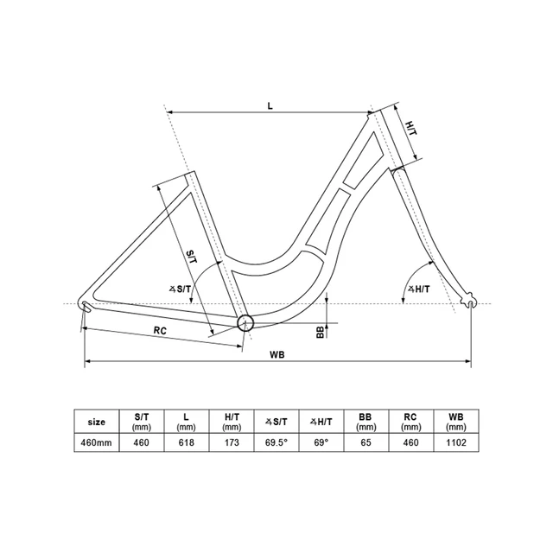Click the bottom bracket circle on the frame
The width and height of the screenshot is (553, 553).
[x=245, y=322]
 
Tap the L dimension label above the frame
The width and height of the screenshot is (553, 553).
[x=270, y=105]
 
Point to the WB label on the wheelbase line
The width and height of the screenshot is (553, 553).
[x=277, y=355]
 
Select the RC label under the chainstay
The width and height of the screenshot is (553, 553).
[x=160, y=331]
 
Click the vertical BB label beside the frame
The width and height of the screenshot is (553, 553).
[x=320, y=332]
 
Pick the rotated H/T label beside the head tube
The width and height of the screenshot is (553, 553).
[x=411, y=128]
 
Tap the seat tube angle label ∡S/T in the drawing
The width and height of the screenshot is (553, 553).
[x=181, y=289]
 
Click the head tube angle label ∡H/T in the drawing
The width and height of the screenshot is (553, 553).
[x=419, y=289]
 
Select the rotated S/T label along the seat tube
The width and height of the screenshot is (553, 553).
[x=192, y=257]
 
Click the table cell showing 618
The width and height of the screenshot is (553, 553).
[x=187, y=442]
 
